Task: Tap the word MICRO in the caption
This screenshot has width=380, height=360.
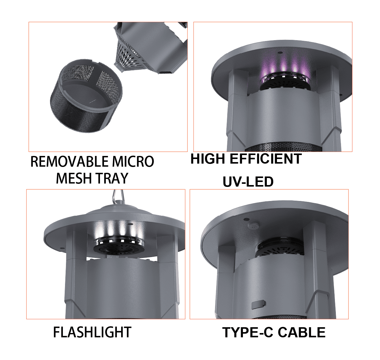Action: pyautogui.click(x=133, y=162)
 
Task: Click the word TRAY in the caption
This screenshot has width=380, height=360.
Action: pyautogui.click(x=112, y=178)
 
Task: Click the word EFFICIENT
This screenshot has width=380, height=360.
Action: pyautogui.click(x=266, y=159)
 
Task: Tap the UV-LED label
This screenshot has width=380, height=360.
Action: pyautogui.click(x=248, y=182)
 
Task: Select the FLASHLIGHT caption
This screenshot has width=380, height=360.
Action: pyautogui.click(x=92, y=332)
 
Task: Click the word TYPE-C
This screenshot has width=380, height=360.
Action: pyautogui.click(x=248, y=332)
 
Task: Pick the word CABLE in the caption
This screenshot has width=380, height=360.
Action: pyautogui.click(x=301, y=332)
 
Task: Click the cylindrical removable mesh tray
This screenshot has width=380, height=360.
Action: pyautogui.click(x=86, y=96)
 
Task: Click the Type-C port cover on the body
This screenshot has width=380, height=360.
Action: pyautogui.click(x=258, y=305)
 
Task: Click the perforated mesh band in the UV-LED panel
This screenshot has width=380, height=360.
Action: pyautogui.click(x=283, y=147)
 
